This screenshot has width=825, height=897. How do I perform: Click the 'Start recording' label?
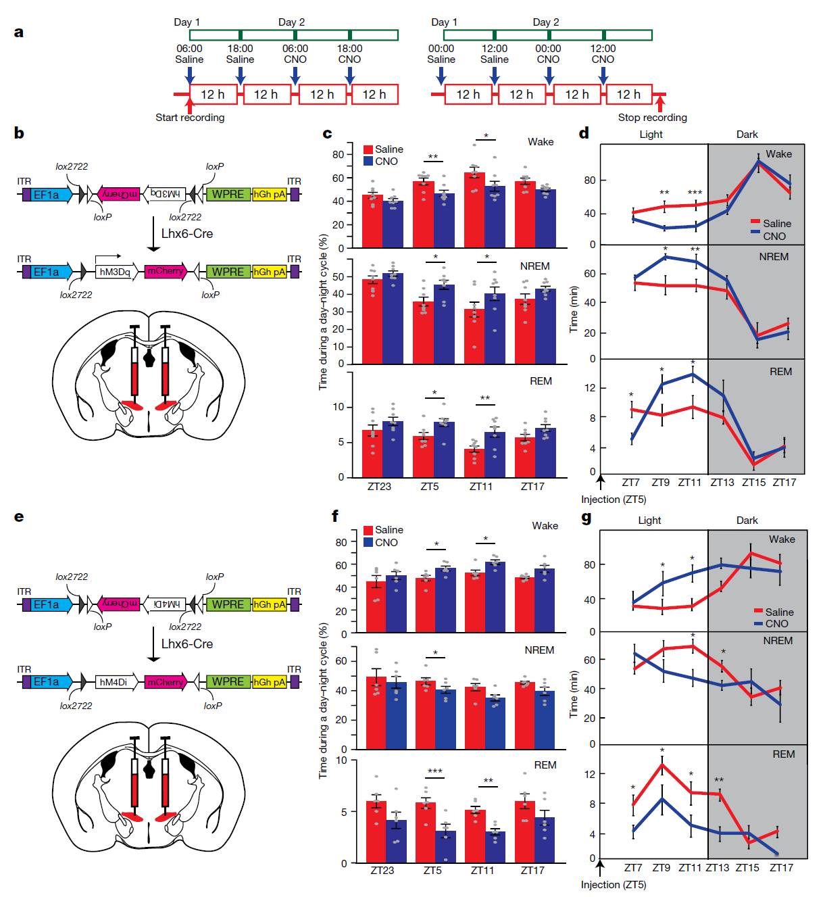[190, 118]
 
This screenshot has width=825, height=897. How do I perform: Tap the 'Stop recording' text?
[652, 118]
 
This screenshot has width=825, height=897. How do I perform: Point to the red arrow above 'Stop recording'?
[660, 103]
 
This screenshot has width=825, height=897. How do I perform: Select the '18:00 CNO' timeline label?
[350, 54]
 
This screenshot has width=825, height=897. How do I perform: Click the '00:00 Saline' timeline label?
[441, 54]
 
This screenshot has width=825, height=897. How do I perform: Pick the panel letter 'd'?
[584, 133]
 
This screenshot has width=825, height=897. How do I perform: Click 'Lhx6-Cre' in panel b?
[187, 234]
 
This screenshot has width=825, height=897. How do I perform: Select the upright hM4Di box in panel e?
[114, 682]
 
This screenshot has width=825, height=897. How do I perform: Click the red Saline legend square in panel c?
[368, 149]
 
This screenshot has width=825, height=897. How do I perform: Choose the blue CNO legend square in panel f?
[368, 542]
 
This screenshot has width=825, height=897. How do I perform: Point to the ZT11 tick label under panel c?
[481, 487]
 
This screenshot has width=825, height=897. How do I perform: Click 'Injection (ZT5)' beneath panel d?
[614, 500]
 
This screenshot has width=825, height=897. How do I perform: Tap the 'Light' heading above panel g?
[650, 520]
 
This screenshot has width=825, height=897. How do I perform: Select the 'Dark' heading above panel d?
[747, 135]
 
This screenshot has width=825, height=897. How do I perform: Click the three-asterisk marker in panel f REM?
[434, 772]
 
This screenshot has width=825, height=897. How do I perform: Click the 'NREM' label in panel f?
[539, 650]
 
